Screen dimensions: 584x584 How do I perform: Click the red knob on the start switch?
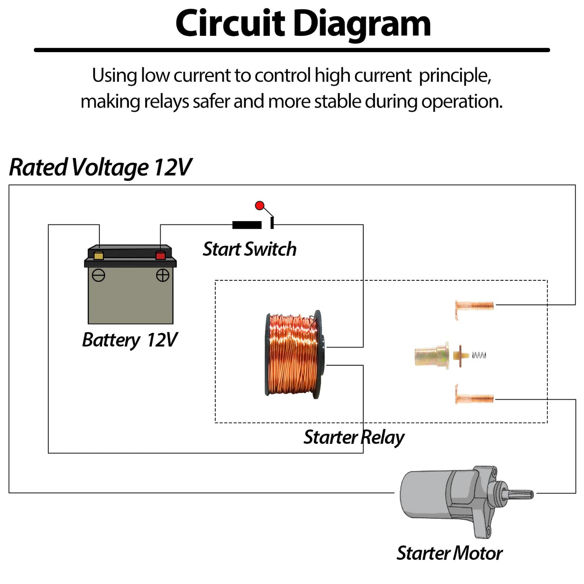[259, 205]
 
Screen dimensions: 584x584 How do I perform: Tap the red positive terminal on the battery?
[161, 255]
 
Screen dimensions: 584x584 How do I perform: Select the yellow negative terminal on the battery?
[99, 255]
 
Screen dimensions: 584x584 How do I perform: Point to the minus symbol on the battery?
[98, 275]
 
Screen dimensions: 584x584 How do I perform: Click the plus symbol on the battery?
[163, 275]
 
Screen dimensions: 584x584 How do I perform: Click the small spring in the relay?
[479, 355]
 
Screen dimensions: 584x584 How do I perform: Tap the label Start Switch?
[249, 249]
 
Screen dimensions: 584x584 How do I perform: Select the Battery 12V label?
[130, 340]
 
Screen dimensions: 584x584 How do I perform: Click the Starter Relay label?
[354, 437]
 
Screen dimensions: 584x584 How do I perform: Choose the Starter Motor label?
[449, 553]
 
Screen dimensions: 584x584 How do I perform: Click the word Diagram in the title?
[362, 24]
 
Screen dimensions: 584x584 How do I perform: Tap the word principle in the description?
[455, 76]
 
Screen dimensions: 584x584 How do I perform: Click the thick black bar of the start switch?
[247, 225]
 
